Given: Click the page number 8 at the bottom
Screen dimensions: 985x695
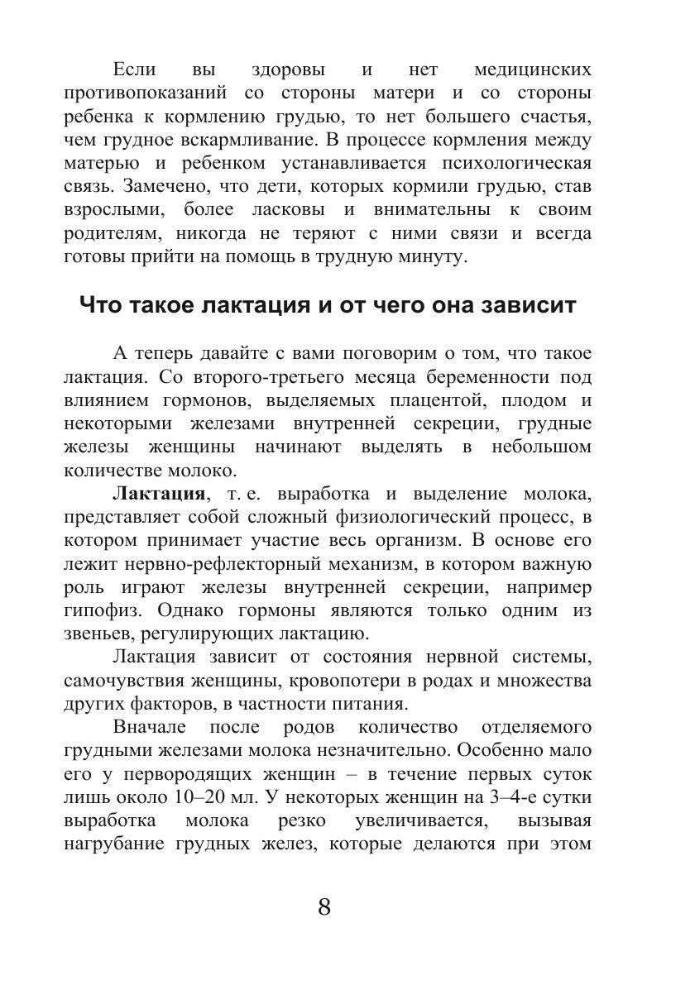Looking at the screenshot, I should pos(324,906).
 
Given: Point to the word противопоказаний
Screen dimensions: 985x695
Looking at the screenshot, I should pos(146,91).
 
